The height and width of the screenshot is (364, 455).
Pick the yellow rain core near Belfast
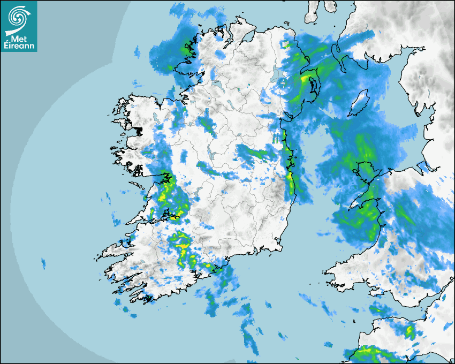pyautogui.click(x=306, y=80)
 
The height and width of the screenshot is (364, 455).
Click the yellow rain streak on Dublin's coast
pyautogui.click(x=291, y=177)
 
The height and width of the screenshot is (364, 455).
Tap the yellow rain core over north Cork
pyautogui.click(x=184, y=246)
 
